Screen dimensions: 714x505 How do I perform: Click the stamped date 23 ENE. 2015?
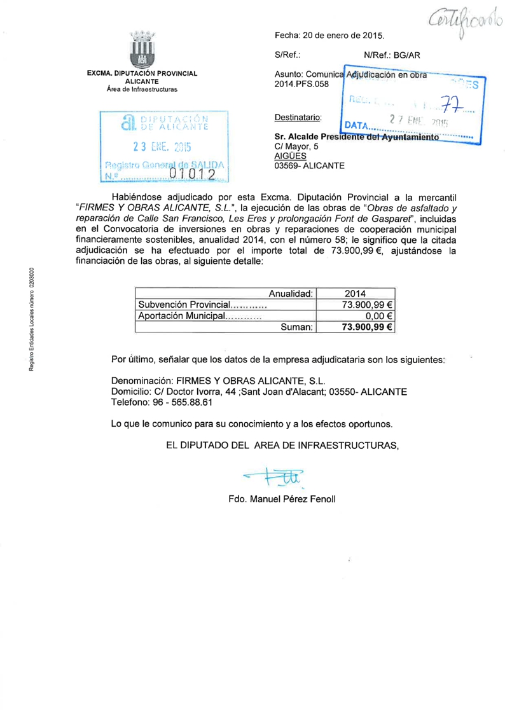(x=162, y=146)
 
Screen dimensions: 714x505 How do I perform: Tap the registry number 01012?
(x=195, y=174)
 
